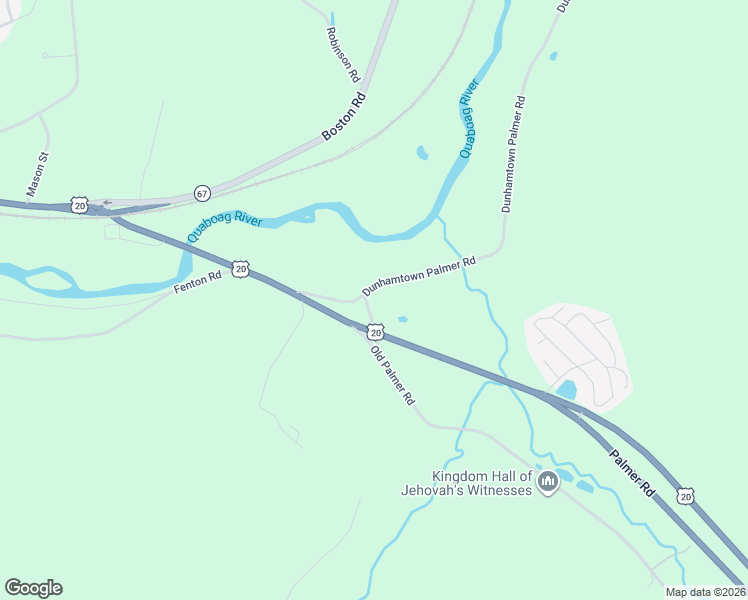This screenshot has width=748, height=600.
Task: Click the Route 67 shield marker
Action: pyautogui.click(x=202, y=193)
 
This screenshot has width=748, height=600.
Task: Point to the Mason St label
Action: pyautogui.click(x=37, y=172)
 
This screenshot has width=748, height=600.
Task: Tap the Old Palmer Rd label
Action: pyautogui.click(x=392, y=375)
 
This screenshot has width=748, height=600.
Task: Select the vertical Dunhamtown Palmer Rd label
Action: pyautogui.click(x=513, y=154)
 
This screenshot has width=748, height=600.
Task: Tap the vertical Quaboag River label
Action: pyautogui.click(x=468, y=119)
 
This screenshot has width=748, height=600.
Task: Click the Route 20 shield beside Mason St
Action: pyautogui.click(x=80, y=205)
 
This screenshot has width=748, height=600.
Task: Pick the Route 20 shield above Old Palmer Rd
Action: pyautogui.click(x=375, y=331)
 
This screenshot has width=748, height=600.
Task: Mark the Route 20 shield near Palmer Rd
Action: pyautogui.click(x=684, y=496)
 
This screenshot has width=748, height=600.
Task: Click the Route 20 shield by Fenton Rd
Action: pyautogui.click(x=240, y=268)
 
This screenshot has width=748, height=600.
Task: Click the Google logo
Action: pyautogui.click(x=33, y=588)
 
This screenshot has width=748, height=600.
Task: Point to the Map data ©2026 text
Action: pyautogui.click(x=705, y=592)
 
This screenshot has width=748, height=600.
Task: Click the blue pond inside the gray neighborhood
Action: pyautogui.click(x=567, y=389)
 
